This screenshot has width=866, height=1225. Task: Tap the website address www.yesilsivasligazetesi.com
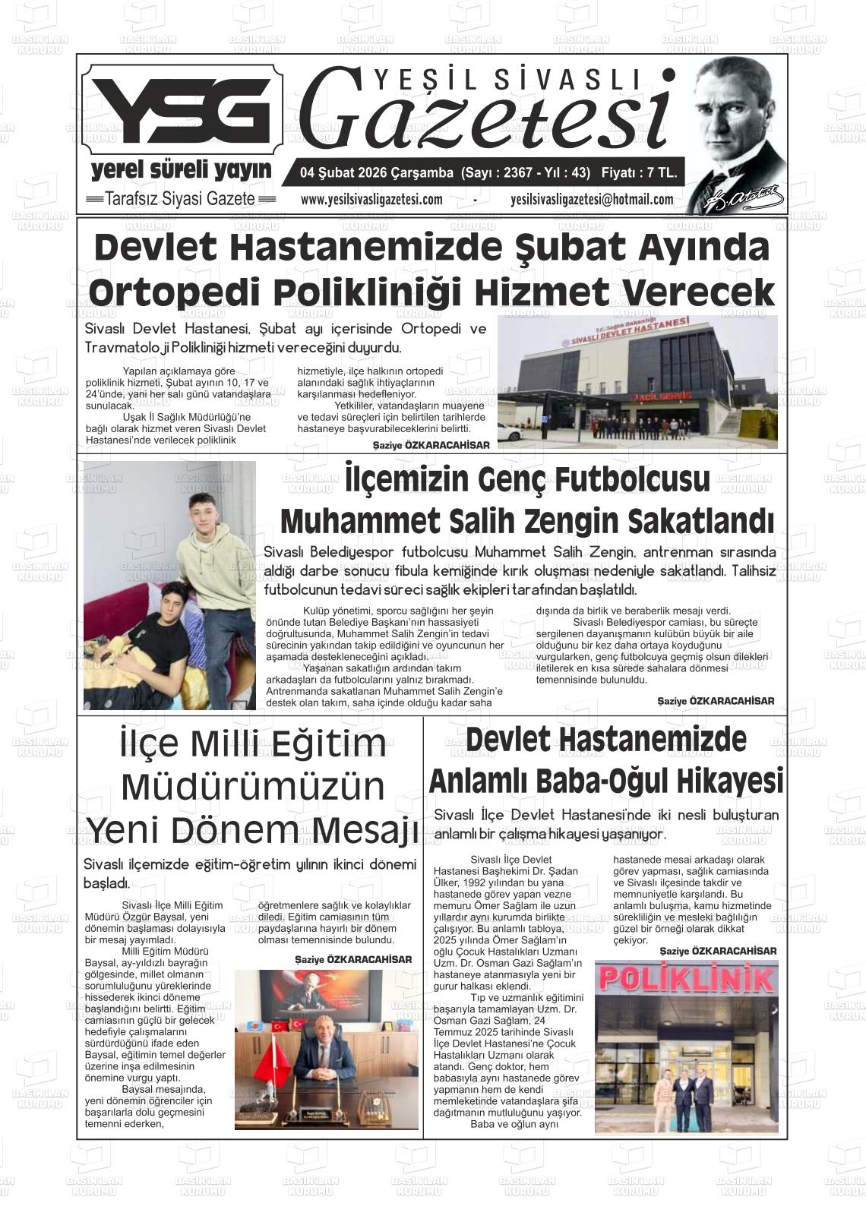click(x=371, y=200)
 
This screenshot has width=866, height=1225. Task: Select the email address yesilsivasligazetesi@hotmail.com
click(x=593, y=200)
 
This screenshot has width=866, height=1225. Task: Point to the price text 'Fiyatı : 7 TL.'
click(x=638, y=173)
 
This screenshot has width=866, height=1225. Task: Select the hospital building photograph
click(x=637, y=382)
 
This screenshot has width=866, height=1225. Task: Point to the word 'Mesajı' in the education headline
click(x=363, y=829)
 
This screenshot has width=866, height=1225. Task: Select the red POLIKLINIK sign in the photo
click(x=685, y=980)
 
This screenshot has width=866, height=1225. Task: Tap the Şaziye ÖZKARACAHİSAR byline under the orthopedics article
click(x=431, y=445)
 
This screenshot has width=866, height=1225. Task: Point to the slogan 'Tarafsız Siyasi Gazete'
click(x=180, y=200)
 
